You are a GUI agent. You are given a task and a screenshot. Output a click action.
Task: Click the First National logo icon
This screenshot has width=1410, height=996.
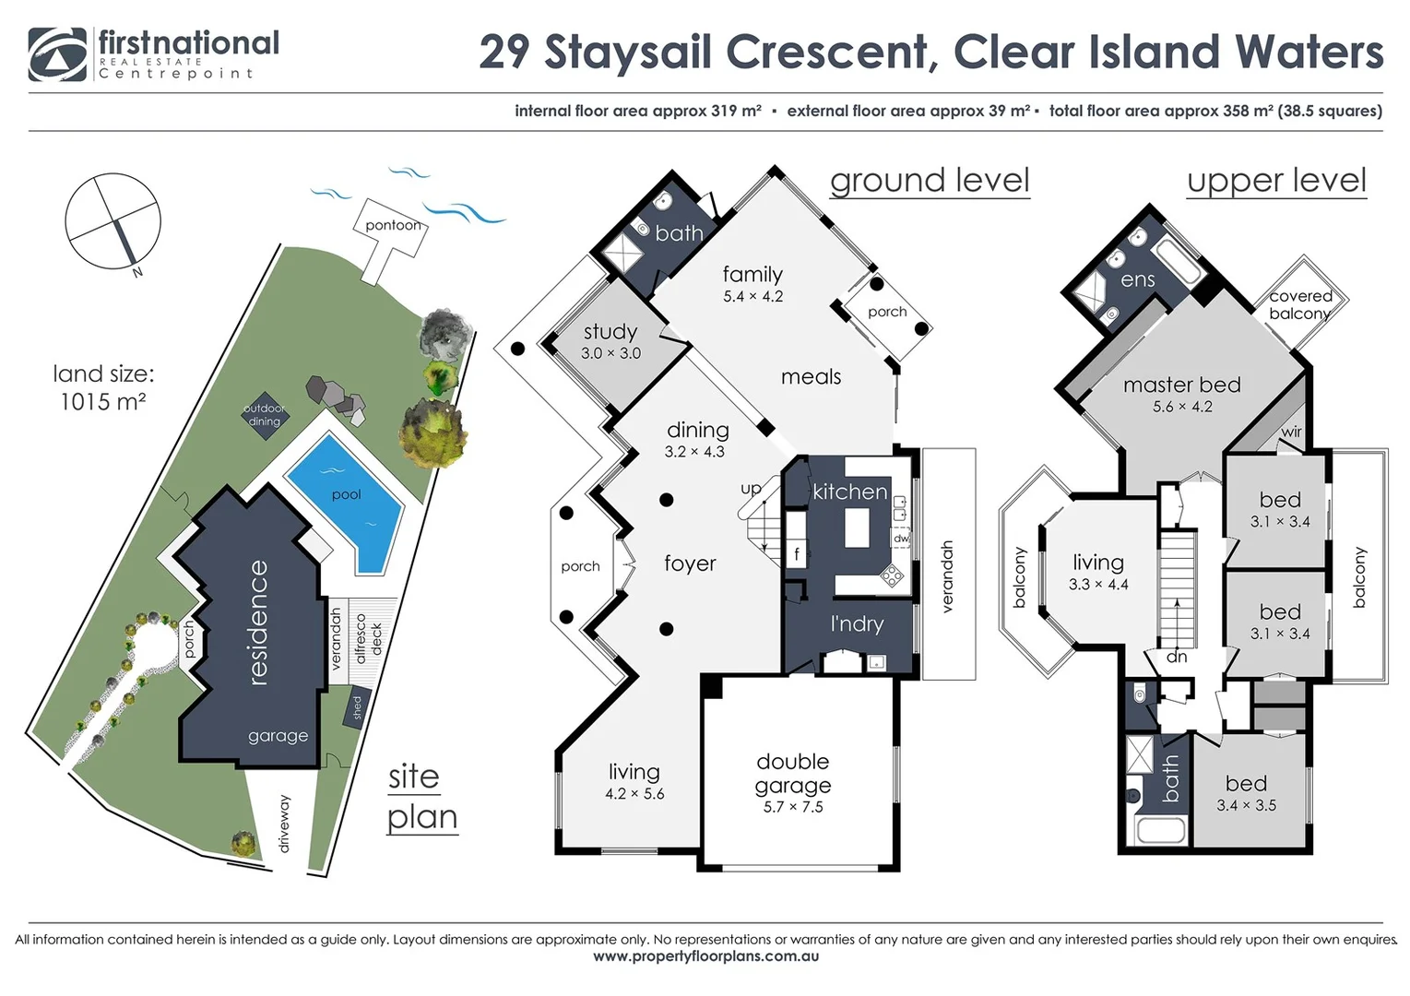click(57, 54)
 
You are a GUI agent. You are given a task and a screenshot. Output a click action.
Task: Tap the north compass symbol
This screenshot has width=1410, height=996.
click(113, 221)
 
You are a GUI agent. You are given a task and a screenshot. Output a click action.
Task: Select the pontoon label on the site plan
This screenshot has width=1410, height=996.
click(393, 225)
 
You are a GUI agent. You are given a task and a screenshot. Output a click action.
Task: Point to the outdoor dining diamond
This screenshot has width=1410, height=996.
click(264, 415)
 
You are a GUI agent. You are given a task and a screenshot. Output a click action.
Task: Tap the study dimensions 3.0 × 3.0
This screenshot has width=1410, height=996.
click(610, 353)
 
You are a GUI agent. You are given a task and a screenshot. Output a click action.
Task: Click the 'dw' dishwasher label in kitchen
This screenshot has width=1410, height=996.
click(901, 538)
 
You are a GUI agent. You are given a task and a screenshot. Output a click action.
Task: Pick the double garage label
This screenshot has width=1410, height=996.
click(793, 773)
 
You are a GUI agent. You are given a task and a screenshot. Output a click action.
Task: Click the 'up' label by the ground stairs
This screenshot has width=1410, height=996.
click(751, 488)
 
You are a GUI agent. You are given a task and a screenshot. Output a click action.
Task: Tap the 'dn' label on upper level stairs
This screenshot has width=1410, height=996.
click(1177, 657)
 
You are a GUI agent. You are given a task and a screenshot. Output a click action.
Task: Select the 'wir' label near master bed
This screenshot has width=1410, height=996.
click(1291, 432)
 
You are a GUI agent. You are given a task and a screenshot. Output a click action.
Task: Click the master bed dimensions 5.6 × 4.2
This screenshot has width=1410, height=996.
click(1182, 407)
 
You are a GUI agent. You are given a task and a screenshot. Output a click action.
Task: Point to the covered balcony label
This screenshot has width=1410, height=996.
click(1299, 304)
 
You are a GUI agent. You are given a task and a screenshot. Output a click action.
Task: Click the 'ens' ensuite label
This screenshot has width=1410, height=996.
click(1137, 279)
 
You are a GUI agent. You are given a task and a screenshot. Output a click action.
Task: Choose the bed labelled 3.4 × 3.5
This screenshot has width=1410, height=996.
click(1246, 793)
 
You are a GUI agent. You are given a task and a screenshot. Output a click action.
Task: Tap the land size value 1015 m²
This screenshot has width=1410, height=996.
click(103, 402)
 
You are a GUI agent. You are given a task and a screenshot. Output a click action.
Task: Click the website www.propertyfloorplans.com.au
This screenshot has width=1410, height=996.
click(705, 956)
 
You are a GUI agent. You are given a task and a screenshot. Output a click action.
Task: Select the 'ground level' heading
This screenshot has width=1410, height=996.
click(930, 181)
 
